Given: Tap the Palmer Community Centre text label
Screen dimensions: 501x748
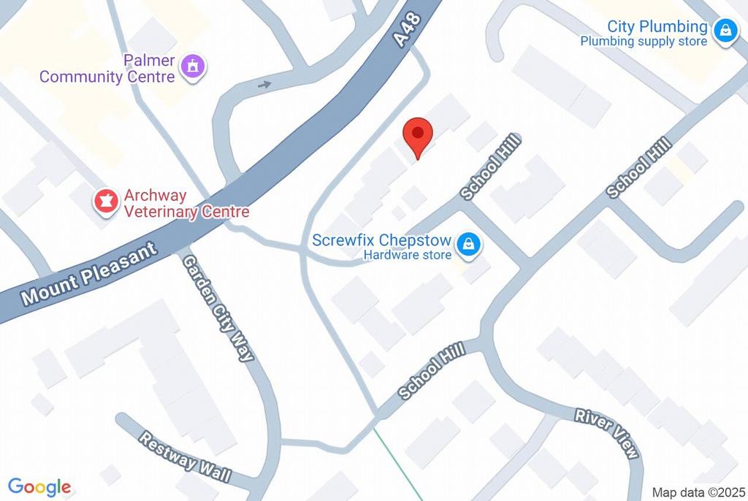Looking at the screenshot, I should pos(107,69).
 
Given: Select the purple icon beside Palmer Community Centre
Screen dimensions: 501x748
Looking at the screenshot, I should pos(194,66).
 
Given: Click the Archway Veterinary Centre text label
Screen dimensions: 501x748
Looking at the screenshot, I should pos(186,204).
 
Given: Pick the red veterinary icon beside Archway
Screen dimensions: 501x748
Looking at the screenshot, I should pos(106,202).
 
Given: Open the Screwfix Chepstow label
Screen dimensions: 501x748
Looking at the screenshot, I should pos(381,240).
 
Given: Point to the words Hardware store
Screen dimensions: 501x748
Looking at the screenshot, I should pos(408,256).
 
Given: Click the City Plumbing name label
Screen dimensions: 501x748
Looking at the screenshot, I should pos(657,27).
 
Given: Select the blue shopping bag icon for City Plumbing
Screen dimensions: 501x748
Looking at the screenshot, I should pos(725,31).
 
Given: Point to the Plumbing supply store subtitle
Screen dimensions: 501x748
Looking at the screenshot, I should pos(644,42).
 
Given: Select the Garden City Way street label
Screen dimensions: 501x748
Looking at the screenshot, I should pos(218,307).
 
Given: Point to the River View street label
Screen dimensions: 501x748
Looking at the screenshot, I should pos(608,433).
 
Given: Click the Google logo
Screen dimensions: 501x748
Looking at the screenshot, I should pos(39,487).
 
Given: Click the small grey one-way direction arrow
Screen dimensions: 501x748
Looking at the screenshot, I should pos(264,85).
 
